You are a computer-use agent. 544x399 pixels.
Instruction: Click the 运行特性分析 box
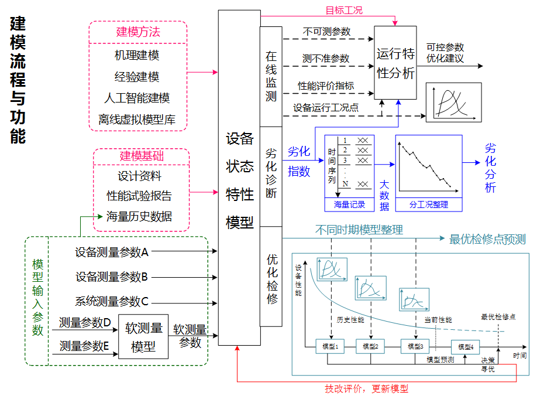[395, 63]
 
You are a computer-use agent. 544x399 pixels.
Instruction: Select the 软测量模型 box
[143, 337]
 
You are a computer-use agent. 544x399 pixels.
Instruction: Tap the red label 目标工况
[344, 11]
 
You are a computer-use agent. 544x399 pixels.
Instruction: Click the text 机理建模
[137, 55]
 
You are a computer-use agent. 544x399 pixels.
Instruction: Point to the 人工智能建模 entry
[137, 98]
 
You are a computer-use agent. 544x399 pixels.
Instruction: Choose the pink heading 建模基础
[142, 156]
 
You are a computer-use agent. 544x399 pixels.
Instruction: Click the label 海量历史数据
[139, 216]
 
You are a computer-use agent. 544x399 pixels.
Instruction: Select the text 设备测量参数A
[112, 253]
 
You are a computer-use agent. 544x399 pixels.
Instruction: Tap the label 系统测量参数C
[112, 302]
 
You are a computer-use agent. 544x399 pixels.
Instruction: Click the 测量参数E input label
[85, 346]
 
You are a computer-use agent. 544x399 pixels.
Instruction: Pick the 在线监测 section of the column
[271, 76]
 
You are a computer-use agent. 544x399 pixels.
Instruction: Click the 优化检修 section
[271, 278]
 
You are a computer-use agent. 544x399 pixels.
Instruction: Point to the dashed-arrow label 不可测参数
[326, 32]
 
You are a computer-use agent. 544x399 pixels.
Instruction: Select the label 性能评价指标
[326, 86]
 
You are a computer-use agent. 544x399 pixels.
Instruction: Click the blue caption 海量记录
[349, 204]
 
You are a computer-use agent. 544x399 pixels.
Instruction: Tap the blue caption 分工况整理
[428, 204]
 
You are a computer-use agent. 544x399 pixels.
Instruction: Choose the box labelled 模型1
[330, 346]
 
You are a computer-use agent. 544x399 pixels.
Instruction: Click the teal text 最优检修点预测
[487, 239]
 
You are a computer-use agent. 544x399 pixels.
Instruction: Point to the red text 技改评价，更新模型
[367, 388]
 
